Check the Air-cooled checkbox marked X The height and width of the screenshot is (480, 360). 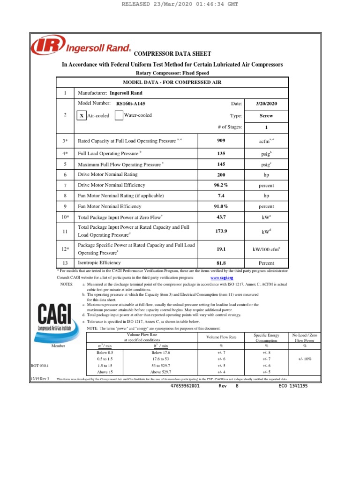81,116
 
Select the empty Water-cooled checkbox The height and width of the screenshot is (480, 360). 119,115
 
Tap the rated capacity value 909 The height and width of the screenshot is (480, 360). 221,140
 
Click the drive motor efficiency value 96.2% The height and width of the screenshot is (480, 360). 221,185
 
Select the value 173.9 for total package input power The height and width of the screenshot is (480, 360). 221,231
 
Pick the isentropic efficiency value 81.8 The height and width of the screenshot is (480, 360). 221,263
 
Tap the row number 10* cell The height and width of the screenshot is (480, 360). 65,217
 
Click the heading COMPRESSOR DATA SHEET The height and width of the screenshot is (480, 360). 172,54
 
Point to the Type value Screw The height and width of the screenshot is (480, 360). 266,115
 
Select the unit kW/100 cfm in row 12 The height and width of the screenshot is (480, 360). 266,249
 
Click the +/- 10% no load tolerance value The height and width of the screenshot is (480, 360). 304,359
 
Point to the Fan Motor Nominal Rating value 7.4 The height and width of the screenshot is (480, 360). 221,196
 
